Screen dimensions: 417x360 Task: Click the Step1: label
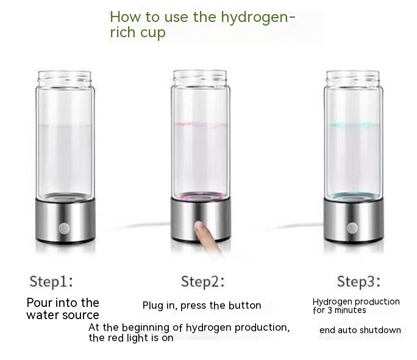[x=51, y=281]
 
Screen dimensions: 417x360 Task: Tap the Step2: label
[x=202, y=281]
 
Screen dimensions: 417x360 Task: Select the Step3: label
[x=358, y=281]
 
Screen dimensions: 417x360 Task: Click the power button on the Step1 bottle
[x=64, y=229]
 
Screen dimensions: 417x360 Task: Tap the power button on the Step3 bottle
[x=352, y=228]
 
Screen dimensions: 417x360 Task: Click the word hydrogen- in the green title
[x=258, y=18]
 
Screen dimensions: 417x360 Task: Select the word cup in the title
[x=152, y=33]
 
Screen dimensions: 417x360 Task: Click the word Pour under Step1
[x=40, y=303]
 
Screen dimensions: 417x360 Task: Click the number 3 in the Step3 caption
[x=329, y=310]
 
